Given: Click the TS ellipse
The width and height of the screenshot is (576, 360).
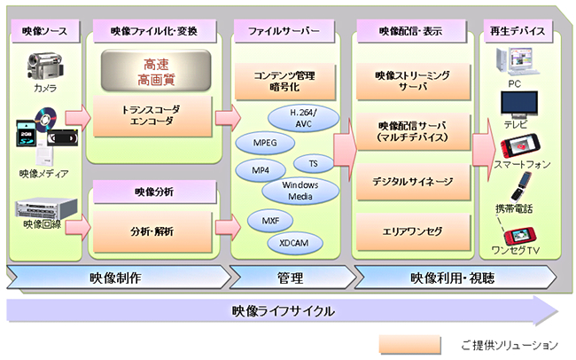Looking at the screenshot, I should point(313,164).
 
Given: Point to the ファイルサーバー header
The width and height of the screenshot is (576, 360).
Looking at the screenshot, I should point(285,32).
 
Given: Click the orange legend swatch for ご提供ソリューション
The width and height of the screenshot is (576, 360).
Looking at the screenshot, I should point(409,343).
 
